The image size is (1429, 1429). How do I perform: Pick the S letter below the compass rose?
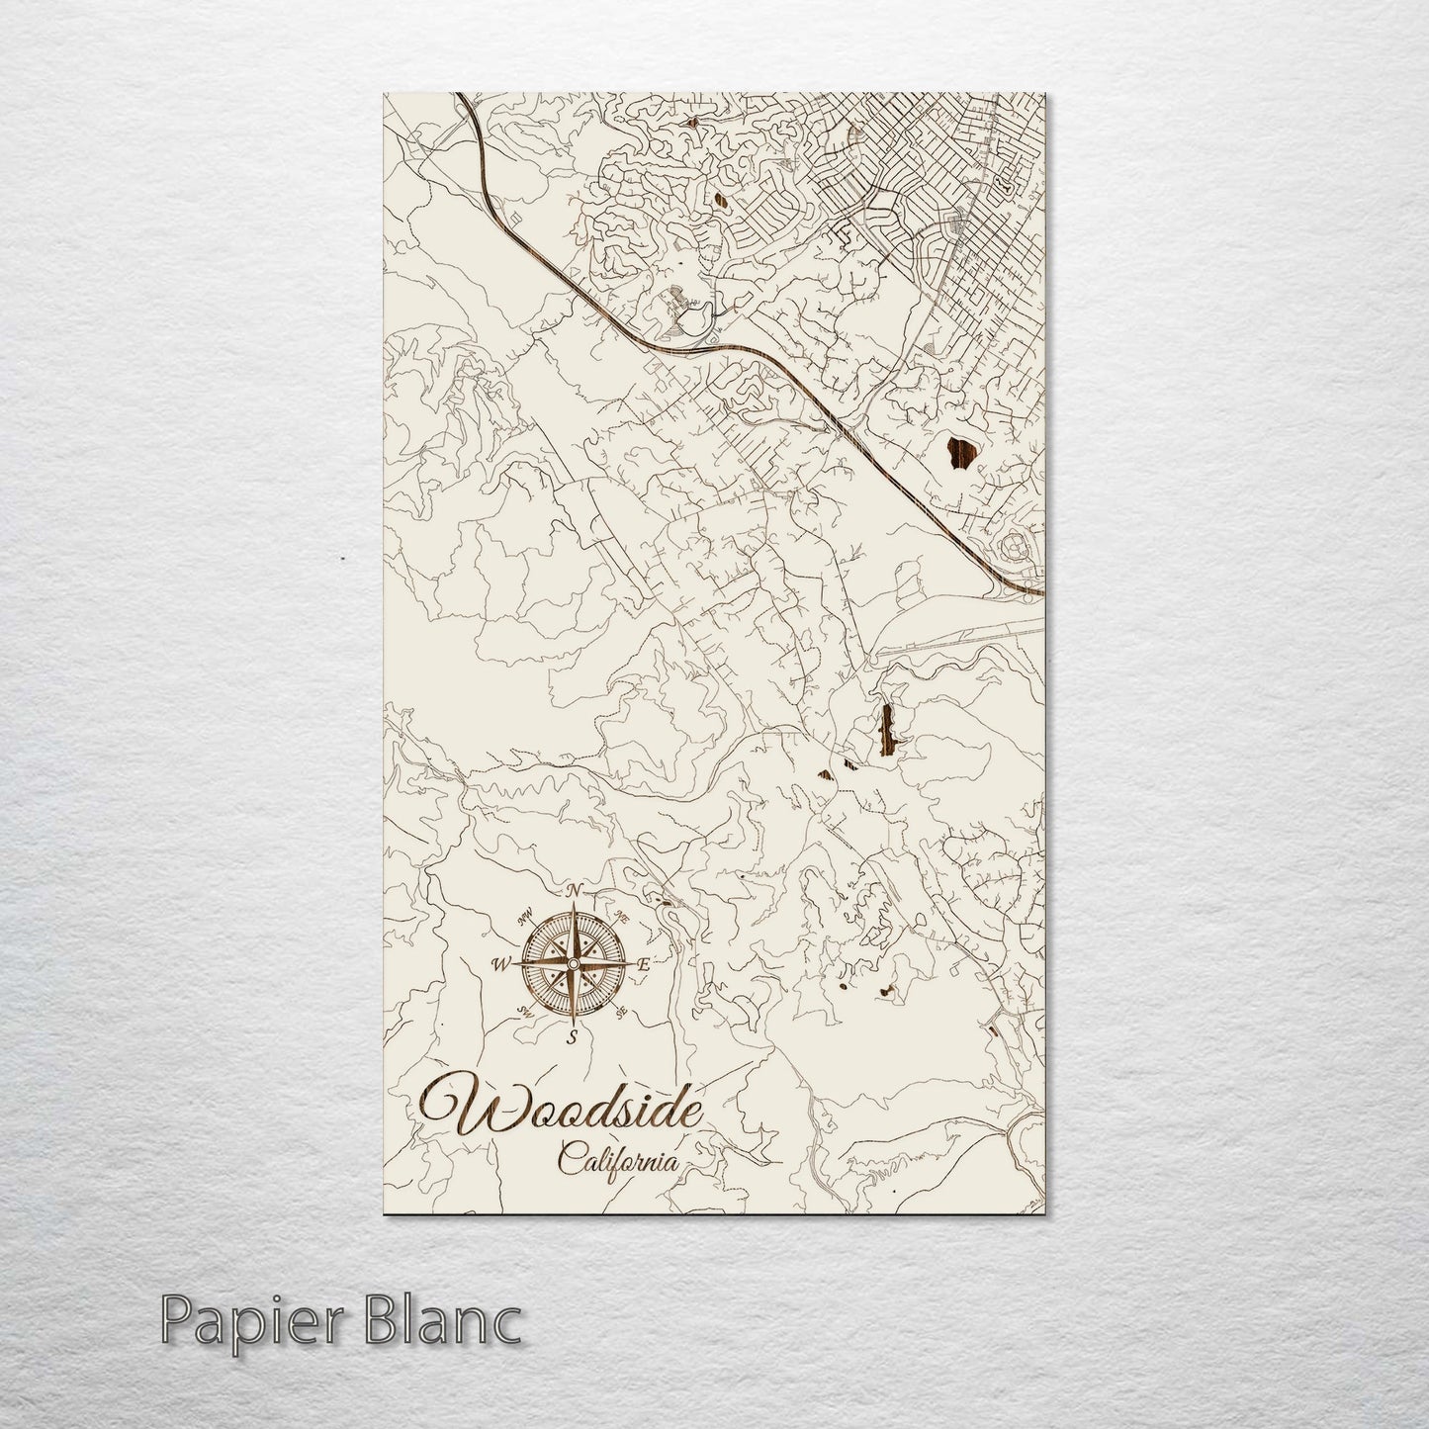tap(572, 1036)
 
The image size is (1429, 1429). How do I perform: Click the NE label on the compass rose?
tap(621, 918)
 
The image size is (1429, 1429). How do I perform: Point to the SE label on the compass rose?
tap(621, 1012)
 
